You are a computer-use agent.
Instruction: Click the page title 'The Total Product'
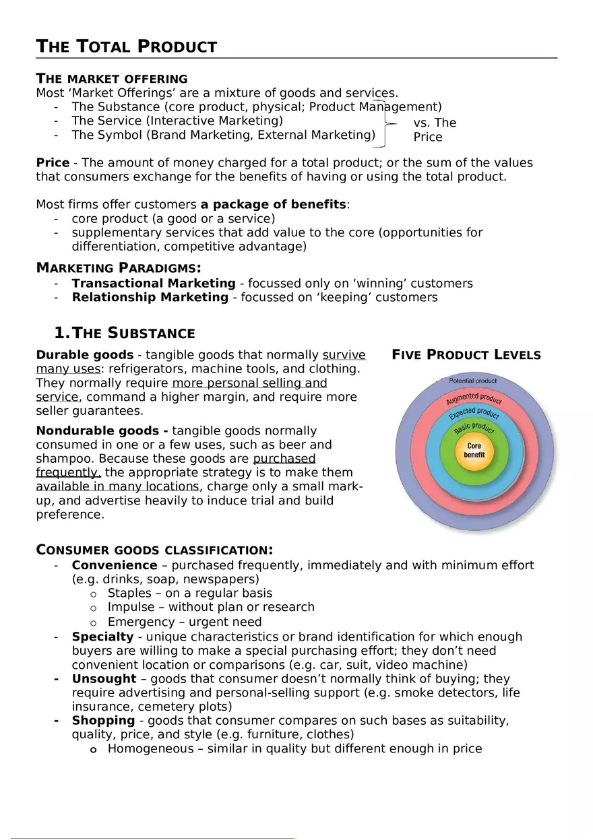tap(126, 46)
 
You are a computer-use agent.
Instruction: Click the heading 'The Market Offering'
tap(111, 79)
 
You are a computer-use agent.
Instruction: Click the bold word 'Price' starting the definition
tap(52, 163)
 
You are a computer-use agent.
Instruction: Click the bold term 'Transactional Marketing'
tap(154, 284)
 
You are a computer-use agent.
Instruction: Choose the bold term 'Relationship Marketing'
tap(150, 298)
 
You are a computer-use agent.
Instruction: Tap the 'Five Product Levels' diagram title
tap(466, 355)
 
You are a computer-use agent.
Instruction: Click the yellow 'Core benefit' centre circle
tap(474, 450)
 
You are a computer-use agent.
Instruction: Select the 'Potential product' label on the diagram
tap(472, 381)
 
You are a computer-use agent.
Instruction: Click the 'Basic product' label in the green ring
tap(474, 428)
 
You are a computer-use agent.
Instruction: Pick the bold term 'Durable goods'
tap(84, 355)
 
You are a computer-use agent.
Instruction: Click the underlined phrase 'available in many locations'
tap(117, 487)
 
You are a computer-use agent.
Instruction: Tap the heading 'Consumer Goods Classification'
tap(154, 550)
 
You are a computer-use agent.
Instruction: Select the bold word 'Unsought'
tap(104, 679)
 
